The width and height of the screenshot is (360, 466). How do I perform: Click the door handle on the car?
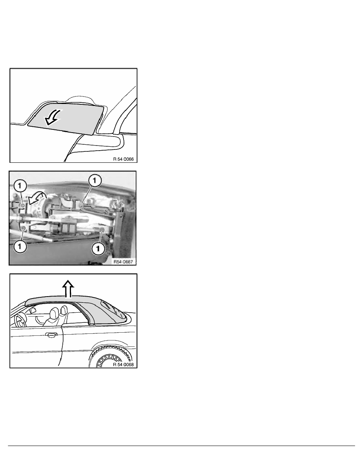(50, 335)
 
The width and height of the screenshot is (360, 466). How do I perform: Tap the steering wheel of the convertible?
(18, 320)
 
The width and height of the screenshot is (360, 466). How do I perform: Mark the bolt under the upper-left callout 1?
(23, 205)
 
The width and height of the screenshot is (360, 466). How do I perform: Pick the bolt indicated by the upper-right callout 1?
(81, 204)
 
